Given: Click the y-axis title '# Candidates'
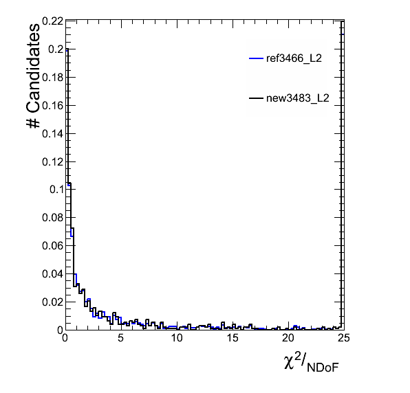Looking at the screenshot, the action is [33, 76].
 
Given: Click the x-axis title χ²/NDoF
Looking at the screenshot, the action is [312, 362].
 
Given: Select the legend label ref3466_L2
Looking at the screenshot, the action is [294, 58].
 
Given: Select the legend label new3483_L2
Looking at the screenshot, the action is [298, 98].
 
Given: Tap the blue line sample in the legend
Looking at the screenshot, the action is [256, 58].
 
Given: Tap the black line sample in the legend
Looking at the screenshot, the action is [256, 98].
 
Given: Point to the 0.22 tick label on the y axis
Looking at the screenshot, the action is [52, 21].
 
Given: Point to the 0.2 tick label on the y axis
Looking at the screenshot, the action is [56, 49].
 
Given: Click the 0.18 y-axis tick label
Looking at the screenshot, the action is [52, 77].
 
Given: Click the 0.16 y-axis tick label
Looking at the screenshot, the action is [52, 106].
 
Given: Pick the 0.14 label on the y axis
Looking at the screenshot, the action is [52, 134].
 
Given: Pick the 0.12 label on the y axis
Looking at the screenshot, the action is [52, 162].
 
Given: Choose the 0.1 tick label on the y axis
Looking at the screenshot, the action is [56, 190].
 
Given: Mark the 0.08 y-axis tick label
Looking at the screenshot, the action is [52, 217].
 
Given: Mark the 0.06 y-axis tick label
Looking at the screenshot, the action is [52, 245].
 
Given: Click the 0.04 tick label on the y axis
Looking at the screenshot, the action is [52, 273].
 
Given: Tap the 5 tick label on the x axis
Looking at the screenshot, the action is [120, 338].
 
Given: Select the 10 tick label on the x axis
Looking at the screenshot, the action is [177, 338].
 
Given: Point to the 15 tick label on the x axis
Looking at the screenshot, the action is [233, 338].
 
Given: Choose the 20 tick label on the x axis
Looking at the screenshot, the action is [288, 338].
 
